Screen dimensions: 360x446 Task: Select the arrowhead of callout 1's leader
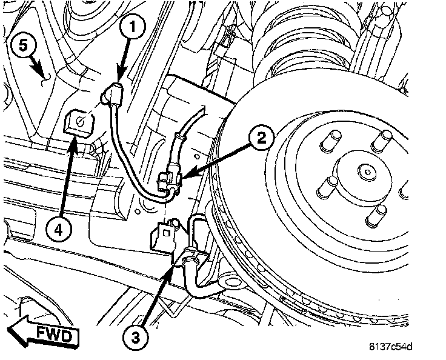pyautogui.click(x=118, y=79)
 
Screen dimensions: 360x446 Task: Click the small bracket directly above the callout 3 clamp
pyautogui.click(x=163, y=233)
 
